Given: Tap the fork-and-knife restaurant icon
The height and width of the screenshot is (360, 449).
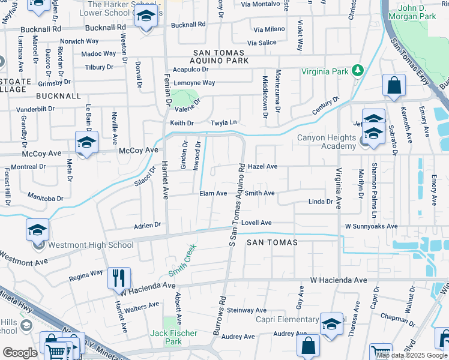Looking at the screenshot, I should click(119, 278).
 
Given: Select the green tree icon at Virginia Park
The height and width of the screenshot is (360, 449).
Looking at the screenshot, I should click(358, 71).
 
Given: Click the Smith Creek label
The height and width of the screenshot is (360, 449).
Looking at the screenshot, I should click(182, 259).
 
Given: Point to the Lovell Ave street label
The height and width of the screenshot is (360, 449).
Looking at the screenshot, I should click(257, 223).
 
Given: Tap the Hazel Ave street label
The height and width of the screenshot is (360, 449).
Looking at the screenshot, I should click(262, 166).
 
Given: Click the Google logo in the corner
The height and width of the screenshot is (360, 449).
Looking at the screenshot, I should click(20, 353).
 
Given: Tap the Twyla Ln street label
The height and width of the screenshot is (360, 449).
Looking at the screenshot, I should click(223, 123).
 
